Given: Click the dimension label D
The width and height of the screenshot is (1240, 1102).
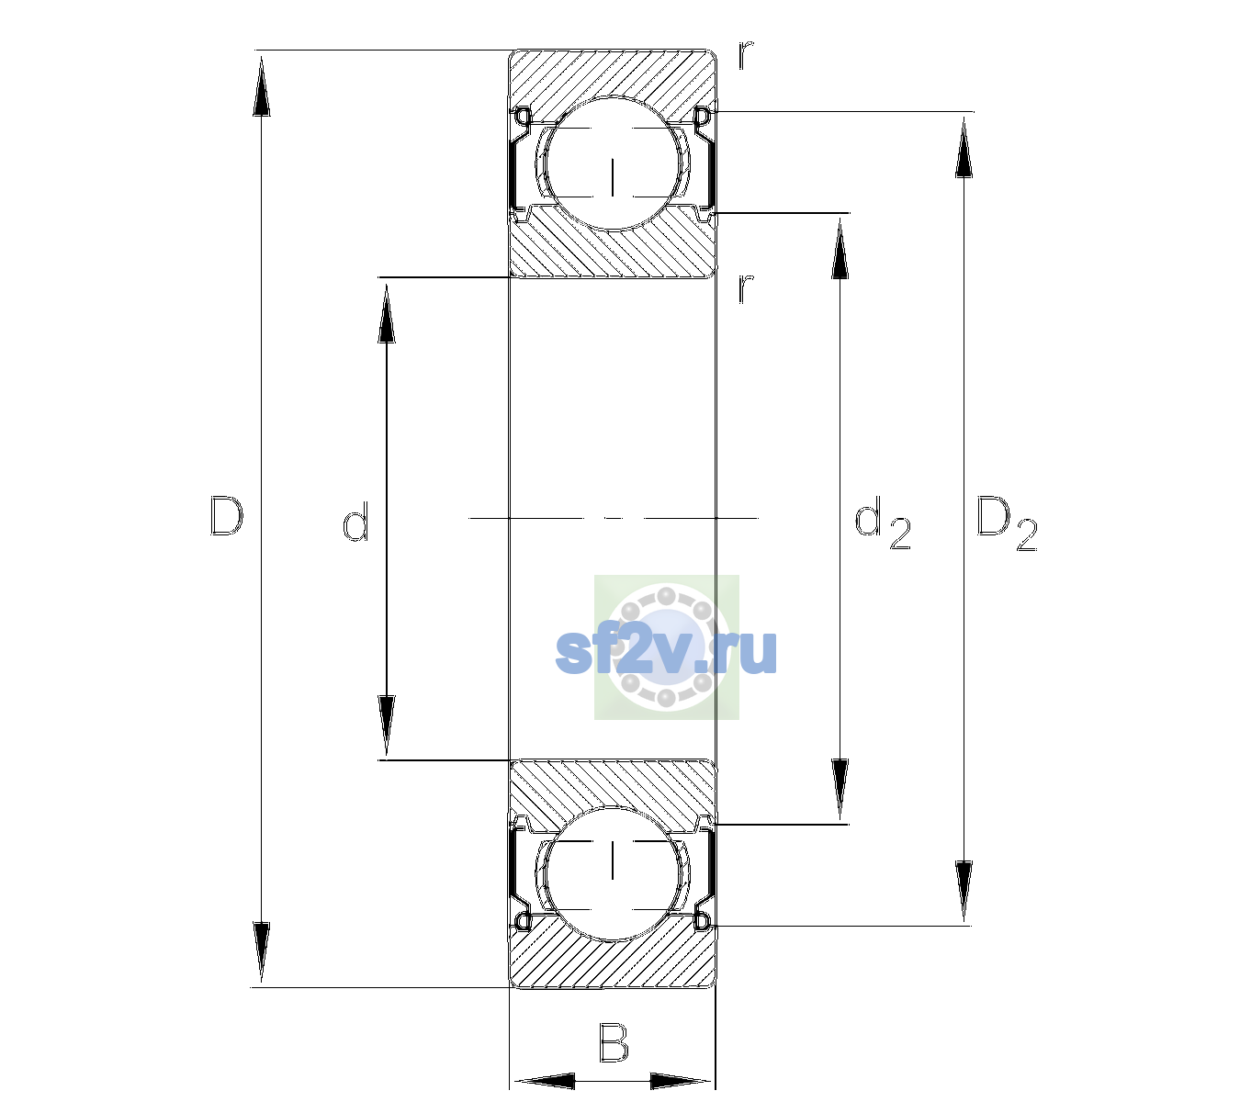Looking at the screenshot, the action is click(227, 517).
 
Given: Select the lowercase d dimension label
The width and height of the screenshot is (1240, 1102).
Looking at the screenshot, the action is click(355, 522).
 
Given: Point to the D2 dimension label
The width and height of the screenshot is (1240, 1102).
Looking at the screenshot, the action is click(1007, 523).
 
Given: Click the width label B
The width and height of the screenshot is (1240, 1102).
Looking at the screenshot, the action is click(614, 1042).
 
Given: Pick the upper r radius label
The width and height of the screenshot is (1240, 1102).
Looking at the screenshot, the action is click(746, 55).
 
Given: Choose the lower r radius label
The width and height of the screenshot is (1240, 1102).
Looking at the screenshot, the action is click(746, 288).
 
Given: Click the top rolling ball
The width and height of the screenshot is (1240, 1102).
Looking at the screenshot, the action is click(612, 163).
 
